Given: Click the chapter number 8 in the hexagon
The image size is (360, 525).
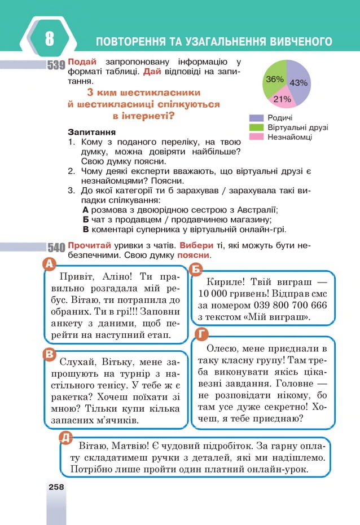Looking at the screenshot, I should (x=49, y=40).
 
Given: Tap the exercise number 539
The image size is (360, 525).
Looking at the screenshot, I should (x=56, y=65).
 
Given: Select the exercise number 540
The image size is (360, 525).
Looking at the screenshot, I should (x=56, y=247).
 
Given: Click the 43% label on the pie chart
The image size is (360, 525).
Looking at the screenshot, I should (x=298, y=82).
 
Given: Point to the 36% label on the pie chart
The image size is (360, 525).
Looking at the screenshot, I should (x=274, y=80).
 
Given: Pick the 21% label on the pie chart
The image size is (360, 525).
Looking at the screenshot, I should (x=282, y=99).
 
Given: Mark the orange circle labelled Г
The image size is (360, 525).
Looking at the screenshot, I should (x=200, y=334).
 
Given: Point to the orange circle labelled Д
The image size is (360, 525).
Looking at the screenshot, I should (x=65, y=437).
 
